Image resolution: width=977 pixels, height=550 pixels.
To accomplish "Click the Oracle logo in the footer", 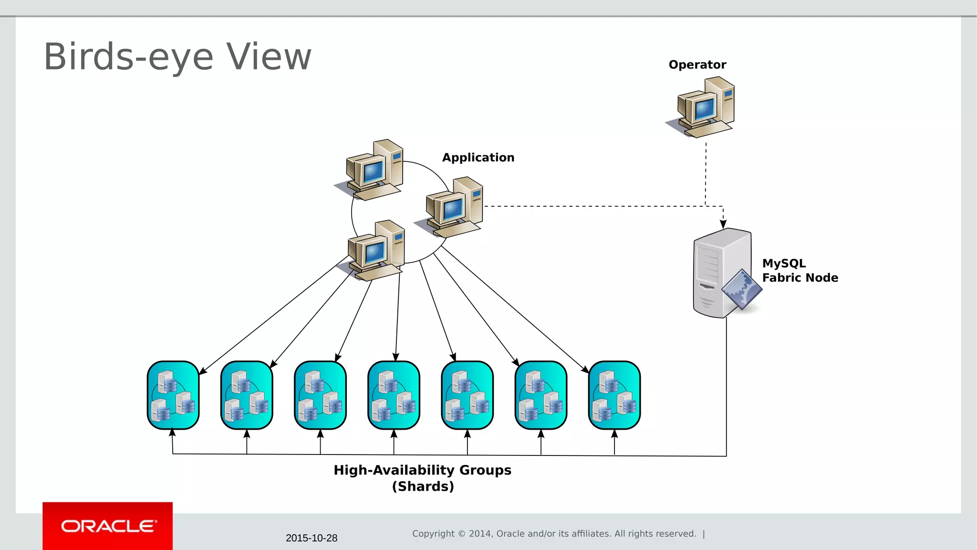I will point(108,526).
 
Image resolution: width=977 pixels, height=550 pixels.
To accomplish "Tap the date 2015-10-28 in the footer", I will point(312,538).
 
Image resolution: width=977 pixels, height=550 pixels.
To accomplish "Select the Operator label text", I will point(697,65).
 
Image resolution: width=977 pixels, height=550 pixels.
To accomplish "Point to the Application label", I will point(478,158).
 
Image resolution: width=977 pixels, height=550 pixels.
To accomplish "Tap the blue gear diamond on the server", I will point(741,289).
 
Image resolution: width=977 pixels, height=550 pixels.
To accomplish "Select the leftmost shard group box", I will point(173,395).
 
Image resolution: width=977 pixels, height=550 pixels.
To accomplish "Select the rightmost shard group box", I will point(614,395).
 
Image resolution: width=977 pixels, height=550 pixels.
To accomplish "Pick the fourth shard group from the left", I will point(394,395).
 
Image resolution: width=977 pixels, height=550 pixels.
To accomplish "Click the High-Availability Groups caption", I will point(422,470).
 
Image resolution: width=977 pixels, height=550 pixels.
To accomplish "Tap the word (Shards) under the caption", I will point(423,487).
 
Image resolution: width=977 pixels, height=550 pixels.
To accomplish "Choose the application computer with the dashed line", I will point(452,208).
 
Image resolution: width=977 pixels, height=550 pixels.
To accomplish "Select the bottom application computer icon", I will point(374,251).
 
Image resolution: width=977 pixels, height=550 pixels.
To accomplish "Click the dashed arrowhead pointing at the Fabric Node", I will point(723,223).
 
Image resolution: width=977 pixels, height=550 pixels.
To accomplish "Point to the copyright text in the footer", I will point(554,534).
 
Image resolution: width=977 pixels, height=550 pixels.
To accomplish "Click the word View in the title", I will point(269,57).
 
